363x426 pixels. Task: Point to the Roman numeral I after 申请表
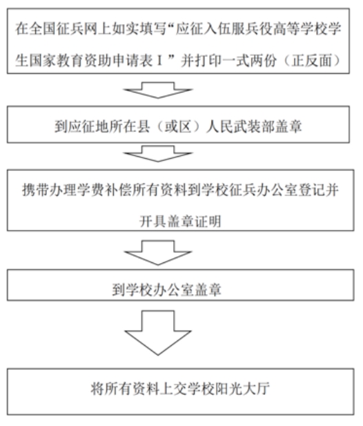159,60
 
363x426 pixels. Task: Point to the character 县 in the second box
144,126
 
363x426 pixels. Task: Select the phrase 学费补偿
104,189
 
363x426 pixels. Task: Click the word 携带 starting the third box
36,189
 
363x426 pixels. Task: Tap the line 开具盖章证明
180,221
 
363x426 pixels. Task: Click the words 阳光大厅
242,389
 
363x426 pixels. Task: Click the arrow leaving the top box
158,90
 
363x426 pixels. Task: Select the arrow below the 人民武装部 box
158,154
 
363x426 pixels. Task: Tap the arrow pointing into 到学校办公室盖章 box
158,253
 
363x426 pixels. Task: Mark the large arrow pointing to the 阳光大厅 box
158,333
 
